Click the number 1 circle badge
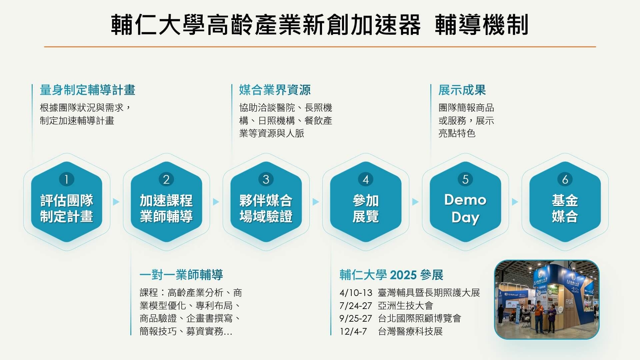pos(66,179)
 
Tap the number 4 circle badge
pos(366,179)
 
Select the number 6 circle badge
pos(565,179)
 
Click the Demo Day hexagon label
pos(465,208)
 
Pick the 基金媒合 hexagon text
pos(565,208)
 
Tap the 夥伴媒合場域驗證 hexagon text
pos(266,208)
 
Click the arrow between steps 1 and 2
pos(116,202)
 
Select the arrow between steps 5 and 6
pos(515,202)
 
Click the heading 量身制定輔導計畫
pos(87,90)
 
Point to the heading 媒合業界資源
pos(275,90)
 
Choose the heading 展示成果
pos(462,90)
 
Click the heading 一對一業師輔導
pos(181,275)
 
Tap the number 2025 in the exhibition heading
pos(403,275)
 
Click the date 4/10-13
pos(356,293)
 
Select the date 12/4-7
pos(353,332)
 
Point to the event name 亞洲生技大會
pos(405,306)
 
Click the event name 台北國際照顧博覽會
pos(419,319)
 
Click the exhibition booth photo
pos(547,299)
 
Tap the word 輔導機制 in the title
pos(482,25)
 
